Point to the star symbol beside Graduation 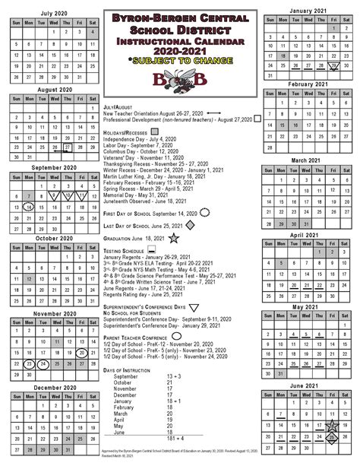[175, 239]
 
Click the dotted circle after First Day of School [202, 214]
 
